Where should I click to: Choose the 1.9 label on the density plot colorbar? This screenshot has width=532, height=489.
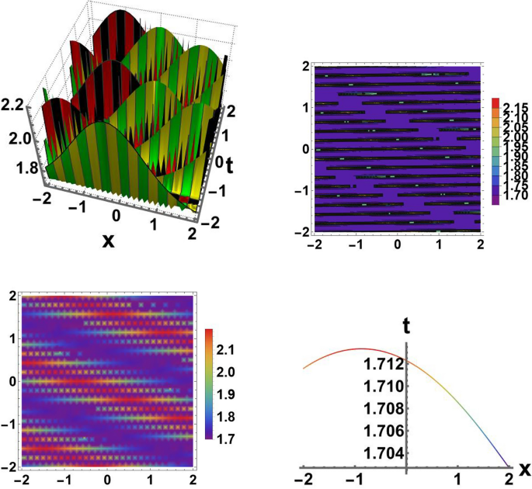[226, 395]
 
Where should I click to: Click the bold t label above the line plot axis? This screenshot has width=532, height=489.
[407, 326]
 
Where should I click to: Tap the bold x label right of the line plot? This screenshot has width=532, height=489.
[524, 469]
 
